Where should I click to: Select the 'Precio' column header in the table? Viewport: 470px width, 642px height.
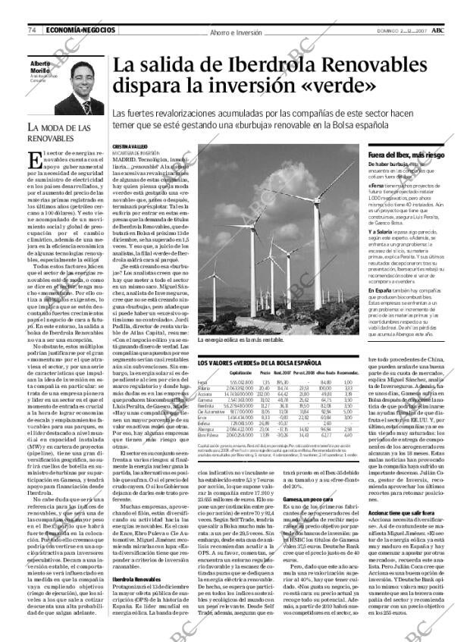tap(265, 374)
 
